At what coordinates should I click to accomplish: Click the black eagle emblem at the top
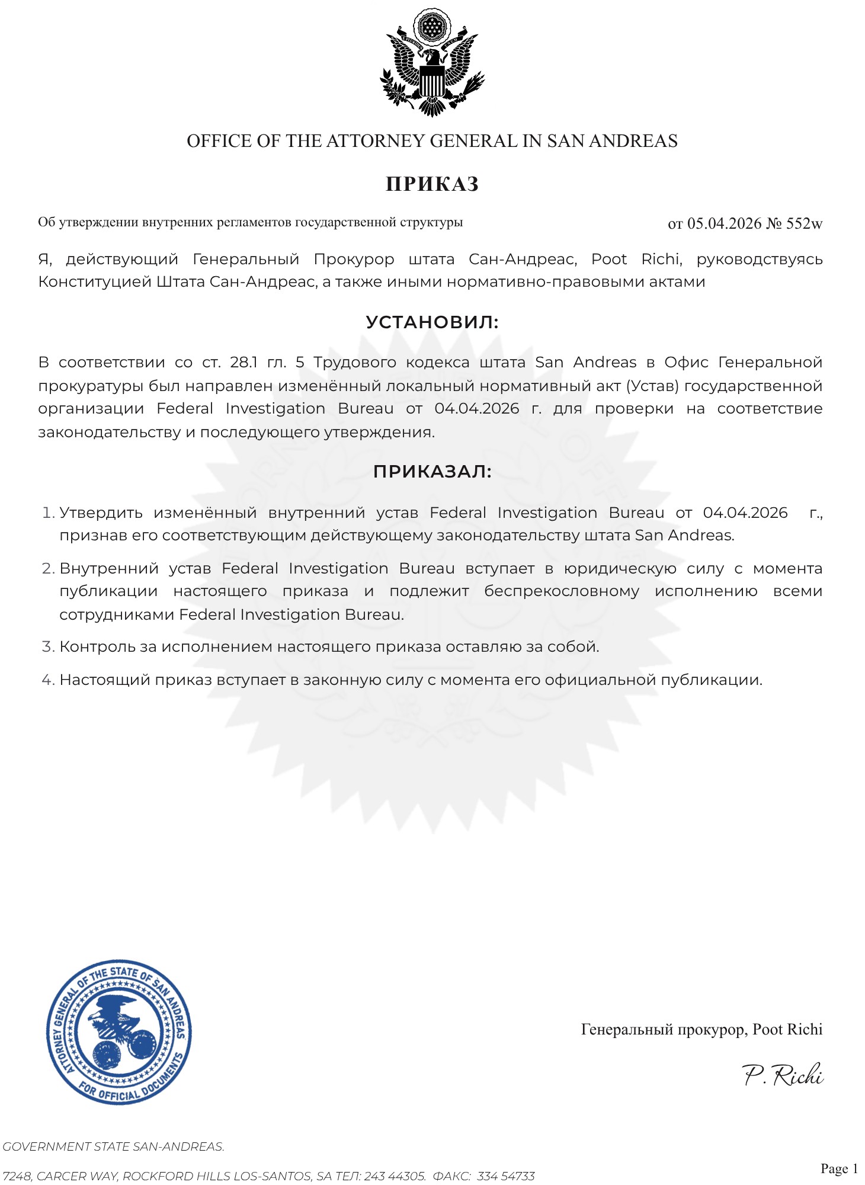click(432, 63)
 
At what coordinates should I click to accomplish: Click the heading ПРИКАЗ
click(432, 184)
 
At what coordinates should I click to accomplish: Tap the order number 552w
click(804, 223)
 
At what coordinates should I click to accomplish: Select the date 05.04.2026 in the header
click(724, 223)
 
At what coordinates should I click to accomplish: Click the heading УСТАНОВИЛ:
click(432, 322)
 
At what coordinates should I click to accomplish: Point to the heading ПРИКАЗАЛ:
click(432, 472)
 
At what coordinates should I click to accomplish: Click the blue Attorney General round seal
click(119, 1032)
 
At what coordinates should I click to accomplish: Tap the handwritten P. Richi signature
click(783, 1075)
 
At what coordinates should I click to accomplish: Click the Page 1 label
click(839, 1168)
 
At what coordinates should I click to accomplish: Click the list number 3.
click(48, 646)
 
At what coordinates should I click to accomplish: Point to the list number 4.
click(48, 680)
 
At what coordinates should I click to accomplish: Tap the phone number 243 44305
click(395, 1176)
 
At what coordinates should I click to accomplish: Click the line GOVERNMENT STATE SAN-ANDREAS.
click(113, 1146)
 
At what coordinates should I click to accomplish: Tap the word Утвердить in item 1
click(101, 513)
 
